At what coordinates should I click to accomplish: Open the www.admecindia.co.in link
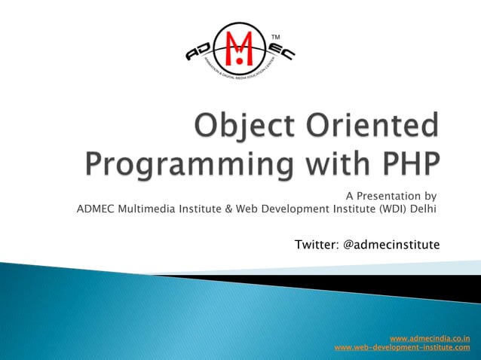[x=430, y=338]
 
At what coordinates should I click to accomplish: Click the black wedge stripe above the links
[x=392, y=287]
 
